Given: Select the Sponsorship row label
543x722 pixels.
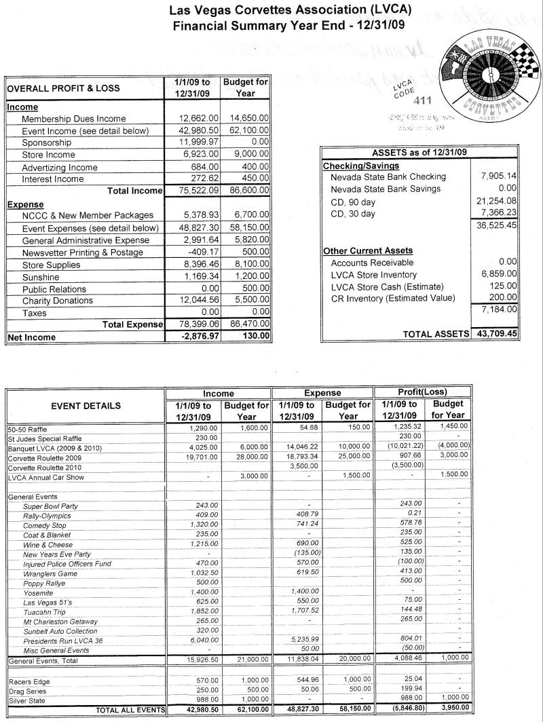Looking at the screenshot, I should tap(47, 143).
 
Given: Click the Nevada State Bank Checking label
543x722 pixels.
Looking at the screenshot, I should tap(388, 177).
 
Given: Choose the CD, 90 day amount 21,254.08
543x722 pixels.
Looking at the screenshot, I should tap(498, 201).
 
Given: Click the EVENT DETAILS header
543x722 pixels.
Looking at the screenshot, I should tap(86, 406).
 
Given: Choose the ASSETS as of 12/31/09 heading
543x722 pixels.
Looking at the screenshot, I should tap(419, 153).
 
